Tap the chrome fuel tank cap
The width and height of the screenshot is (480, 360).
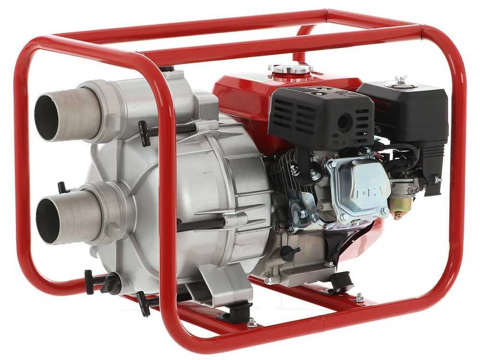pos(290,70)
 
